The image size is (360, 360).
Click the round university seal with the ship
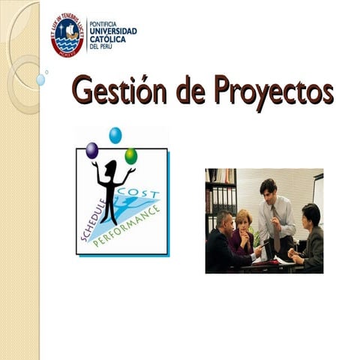[67, 34]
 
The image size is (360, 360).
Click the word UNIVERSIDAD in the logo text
[112, 31]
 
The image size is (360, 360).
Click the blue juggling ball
[115, 135]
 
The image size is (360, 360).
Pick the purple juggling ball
[91, 151]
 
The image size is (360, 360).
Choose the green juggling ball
[130, 156]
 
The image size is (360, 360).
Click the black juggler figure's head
[112, 166]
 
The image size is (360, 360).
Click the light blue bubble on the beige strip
[40, 79]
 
